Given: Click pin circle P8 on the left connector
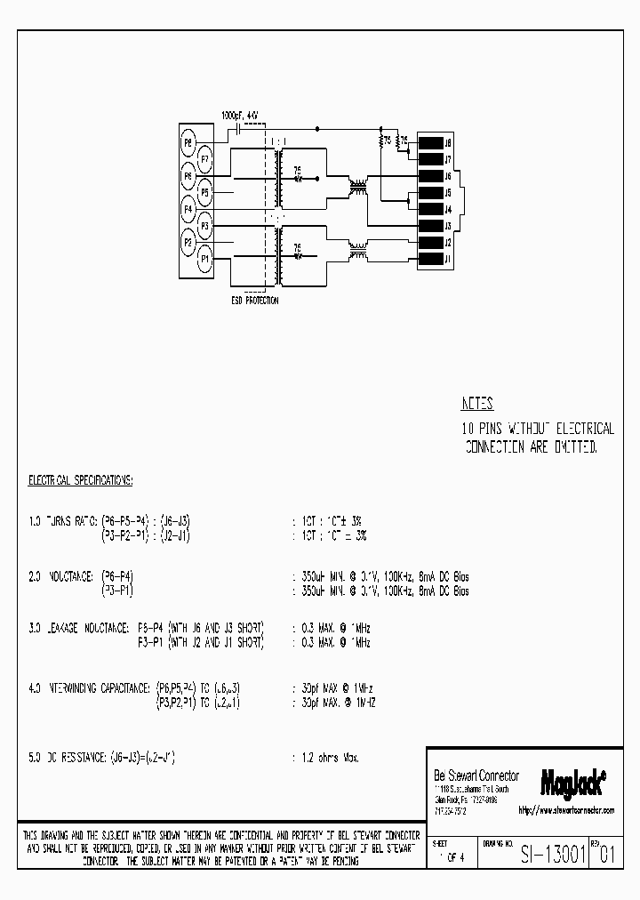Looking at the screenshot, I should tap(188, 142).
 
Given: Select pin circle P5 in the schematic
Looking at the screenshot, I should tap(205, 191).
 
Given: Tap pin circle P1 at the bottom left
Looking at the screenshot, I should tap(205, 258).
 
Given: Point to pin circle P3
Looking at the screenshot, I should tap(205, 225).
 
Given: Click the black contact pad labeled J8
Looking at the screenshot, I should tap(430, 143).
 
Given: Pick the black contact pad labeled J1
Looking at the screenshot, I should tap(430, 259).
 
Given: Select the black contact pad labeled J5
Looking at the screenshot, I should tap(430, 193).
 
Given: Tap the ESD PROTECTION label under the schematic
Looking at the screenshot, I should tap(254, 301).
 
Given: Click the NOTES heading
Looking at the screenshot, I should tap(477, 403).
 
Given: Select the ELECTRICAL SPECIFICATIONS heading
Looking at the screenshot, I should tap(80, 480).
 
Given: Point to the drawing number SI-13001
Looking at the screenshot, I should tap(550, 856).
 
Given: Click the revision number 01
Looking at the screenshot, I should tap(605, 856).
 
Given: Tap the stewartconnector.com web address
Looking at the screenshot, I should tap(565, 810).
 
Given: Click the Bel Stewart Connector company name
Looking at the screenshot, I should tap(476, 775).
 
